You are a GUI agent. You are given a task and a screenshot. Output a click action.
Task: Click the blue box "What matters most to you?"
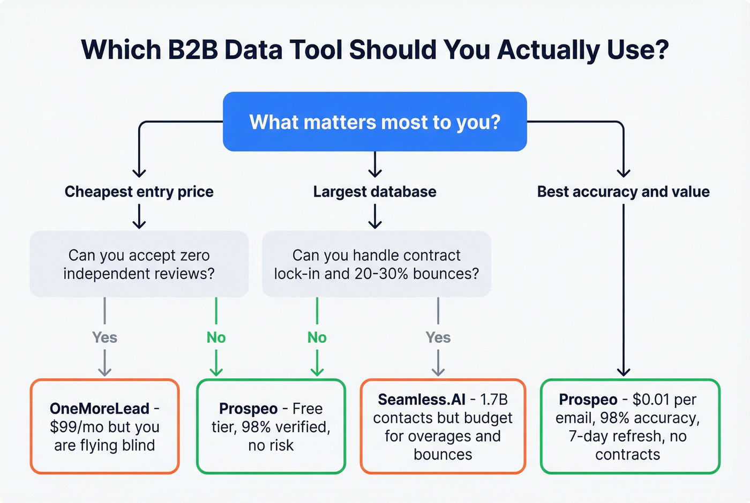374,122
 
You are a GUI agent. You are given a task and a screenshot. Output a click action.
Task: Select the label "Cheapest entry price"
139,192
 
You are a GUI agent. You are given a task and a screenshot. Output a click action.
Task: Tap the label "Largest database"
374,192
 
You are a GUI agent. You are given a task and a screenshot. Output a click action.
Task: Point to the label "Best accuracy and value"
623,192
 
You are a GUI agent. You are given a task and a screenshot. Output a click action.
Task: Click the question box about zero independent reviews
139,264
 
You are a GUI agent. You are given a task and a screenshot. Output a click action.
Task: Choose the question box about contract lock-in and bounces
376,264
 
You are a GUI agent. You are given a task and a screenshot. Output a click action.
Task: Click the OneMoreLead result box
104,426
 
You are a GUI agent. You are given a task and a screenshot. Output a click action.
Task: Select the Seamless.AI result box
442,426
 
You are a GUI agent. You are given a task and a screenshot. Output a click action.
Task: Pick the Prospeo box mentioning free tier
271,426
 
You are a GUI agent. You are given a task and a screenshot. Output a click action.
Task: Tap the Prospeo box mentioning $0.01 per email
630,426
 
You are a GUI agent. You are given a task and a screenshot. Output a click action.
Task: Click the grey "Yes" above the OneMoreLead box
104,337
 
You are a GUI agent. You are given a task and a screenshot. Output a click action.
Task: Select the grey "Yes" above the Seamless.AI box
438,337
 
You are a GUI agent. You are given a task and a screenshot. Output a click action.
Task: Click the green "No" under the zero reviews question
216,337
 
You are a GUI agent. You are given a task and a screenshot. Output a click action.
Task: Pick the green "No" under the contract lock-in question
317,337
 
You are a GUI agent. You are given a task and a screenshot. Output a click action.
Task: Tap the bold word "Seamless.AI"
422,400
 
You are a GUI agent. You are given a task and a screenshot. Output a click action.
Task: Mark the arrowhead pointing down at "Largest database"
375,172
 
